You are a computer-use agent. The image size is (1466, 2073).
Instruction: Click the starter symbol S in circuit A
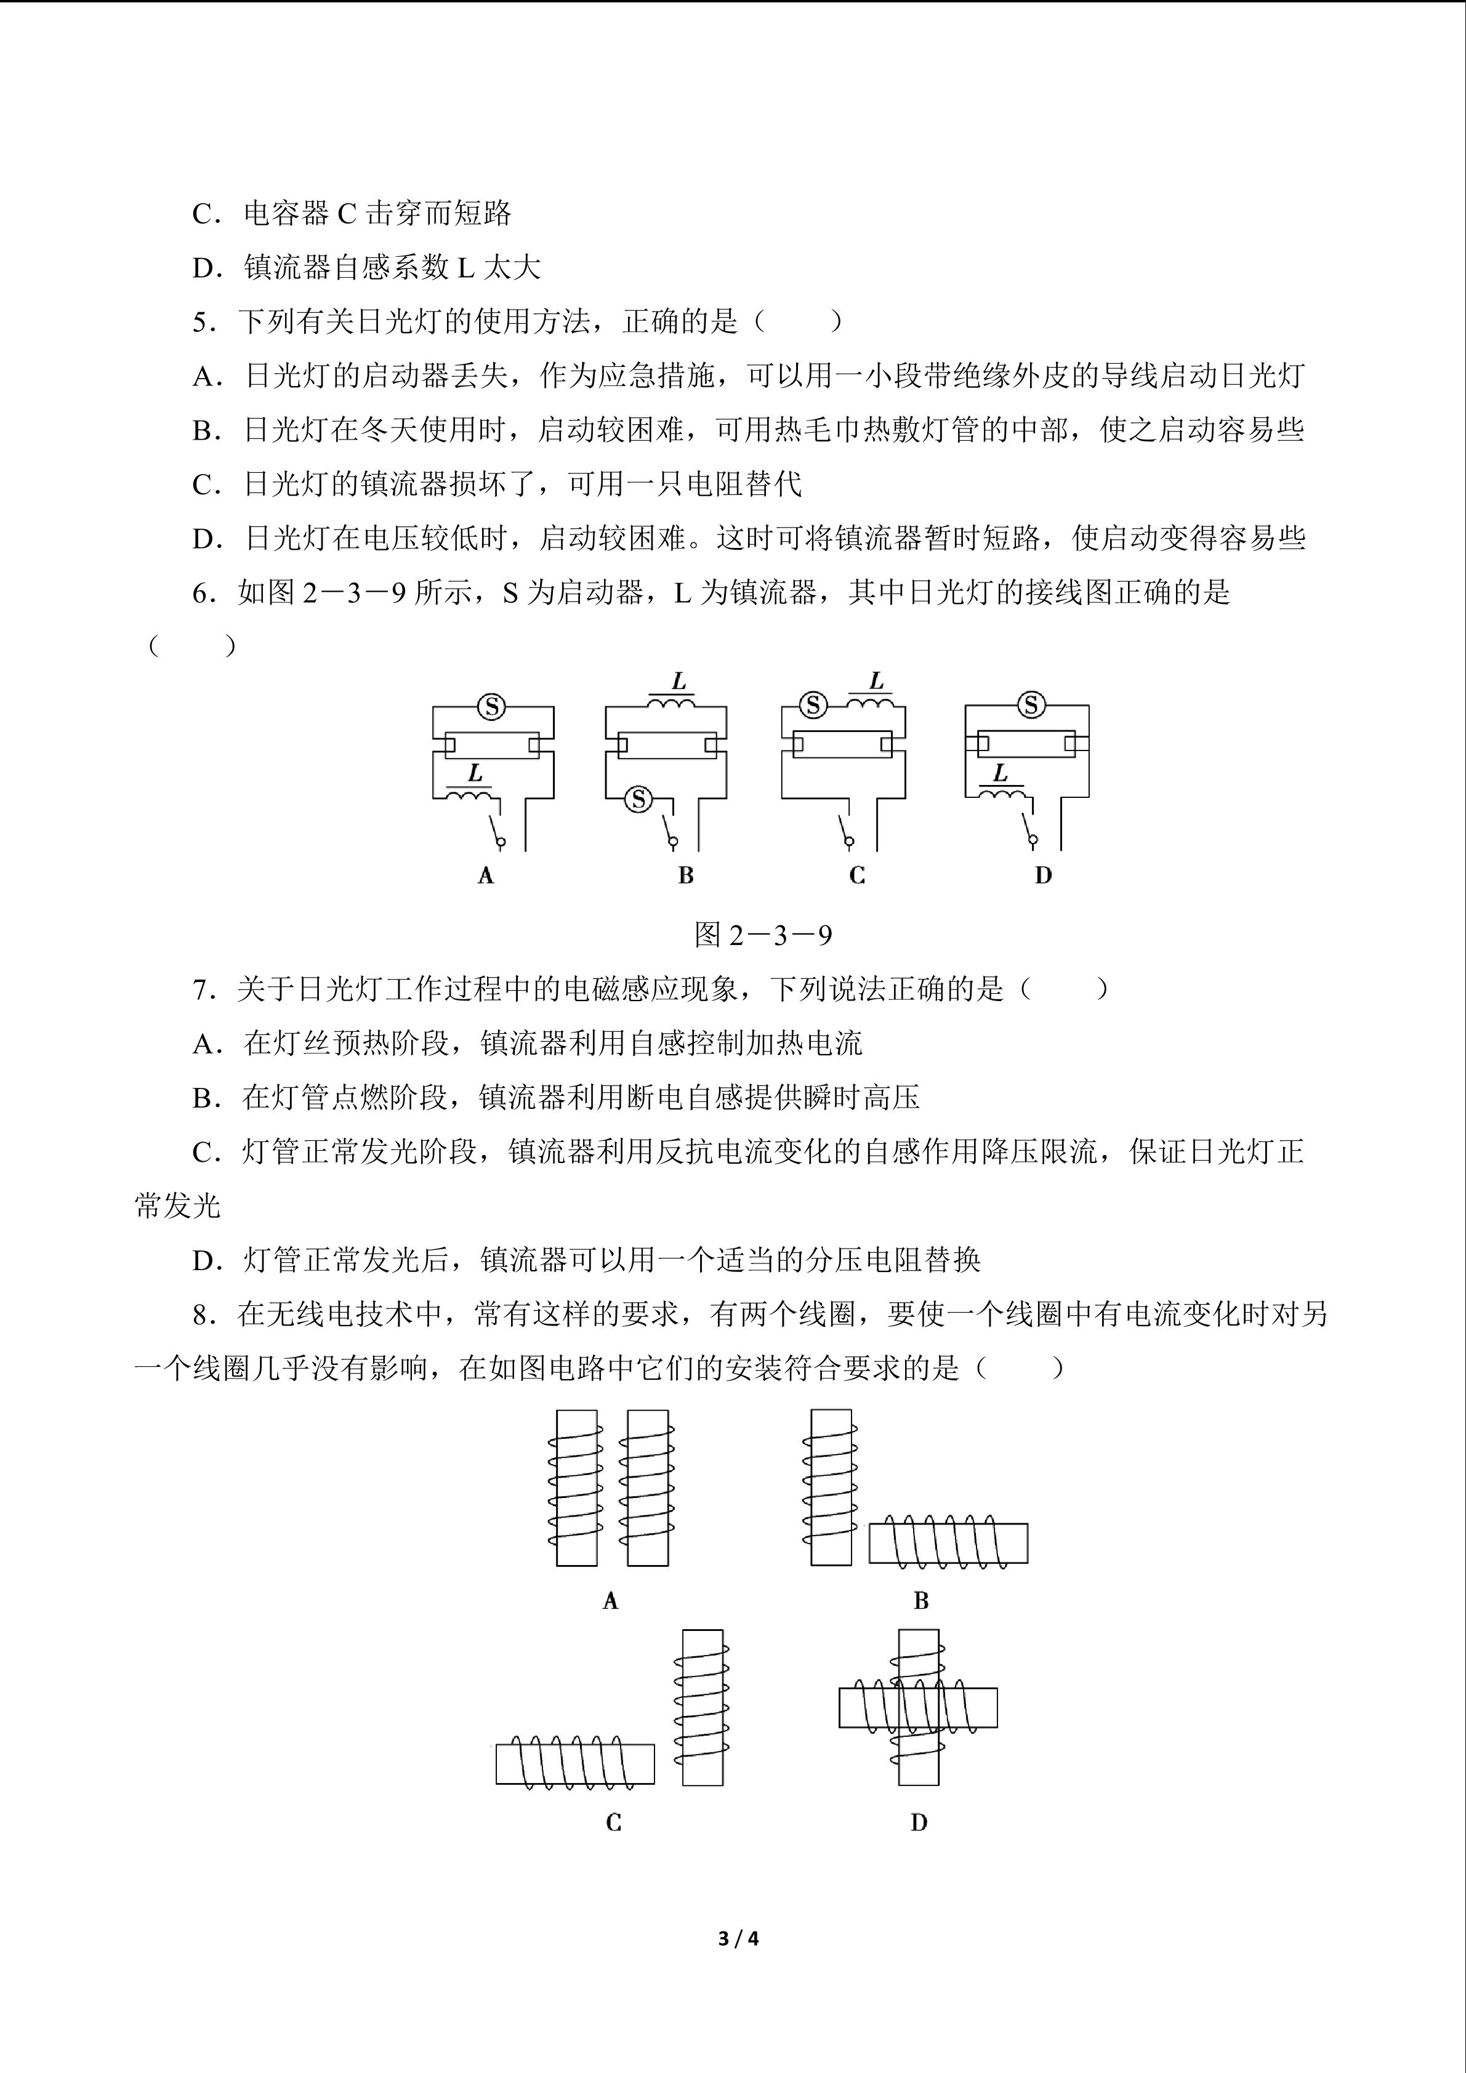click(492, 707)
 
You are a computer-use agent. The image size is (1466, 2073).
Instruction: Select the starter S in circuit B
click(639, 798)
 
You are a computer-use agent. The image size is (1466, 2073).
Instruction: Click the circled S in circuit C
click(813, 704)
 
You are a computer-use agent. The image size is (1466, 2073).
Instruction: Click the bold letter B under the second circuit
click(686, 875)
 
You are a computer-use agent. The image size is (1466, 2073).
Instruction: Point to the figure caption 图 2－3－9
click(763, 935)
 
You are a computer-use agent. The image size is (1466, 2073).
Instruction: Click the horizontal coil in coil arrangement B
click(948, 1543)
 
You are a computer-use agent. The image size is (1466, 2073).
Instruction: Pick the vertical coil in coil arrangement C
click(703, 1707)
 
